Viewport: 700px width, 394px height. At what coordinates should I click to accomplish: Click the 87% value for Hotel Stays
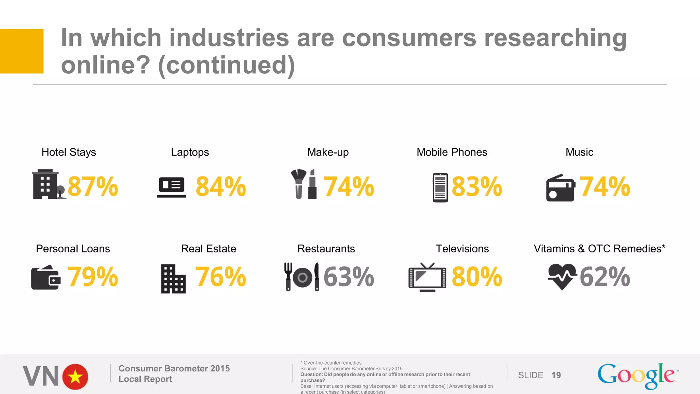(93, 187)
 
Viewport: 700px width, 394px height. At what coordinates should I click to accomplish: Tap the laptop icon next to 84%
(172, 187)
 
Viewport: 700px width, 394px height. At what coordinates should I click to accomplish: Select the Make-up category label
(328, 152)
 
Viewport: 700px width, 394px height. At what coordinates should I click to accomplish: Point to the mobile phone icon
(440, 187)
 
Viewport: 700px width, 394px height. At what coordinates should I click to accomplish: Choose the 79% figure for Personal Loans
(93, 277)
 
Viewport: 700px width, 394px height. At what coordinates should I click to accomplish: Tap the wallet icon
(46, 278)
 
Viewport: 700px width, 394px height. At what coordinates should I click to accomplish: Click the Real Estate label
(208, 249)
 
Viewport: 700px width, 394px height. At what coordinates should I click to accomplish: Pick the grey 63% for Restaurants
(349, 277)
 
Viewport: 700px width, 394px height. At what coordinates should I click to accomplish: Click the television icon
(427, 278)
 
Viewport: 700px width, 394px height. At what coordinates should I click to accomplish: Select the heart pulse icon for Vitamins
(562, 276)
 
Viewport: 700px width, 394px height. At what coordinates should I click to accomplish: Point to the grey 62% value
(605, 277)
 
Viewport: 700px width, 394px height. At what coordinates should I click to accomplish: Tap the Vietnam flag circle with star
(75, 377)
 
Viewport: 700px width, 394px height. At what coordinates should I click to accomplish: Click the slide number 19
(556, 375)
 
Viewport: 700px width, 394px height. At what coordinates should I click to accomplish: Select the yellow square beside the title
(22, 51)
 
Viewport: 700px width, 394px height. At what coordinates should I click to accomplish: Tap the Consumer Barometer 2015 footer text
(174, 368)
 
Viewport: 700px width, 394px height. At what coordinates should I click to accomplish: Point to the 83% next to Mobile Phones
(477, 187)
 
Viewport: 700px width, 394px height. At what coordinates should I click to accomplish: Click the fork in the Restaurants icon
(288, 276)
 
